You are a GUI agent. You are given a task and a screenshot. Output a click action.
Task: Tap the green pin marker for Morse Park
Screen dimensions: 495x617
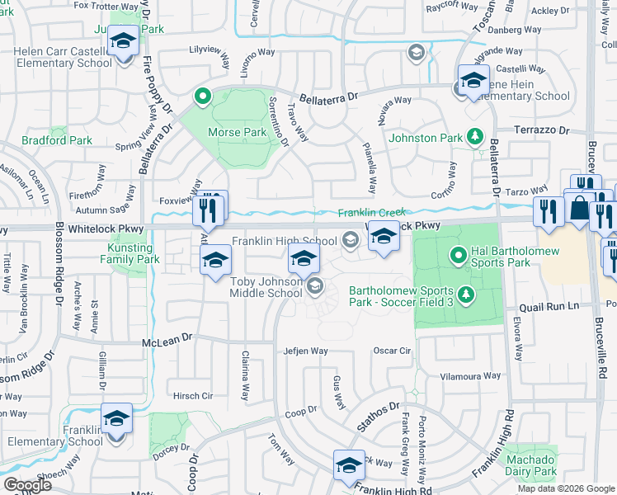coord(202,97)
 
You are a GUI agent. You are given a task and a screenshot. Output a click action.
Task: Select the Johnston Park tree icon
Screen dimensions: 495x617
coord(474,135)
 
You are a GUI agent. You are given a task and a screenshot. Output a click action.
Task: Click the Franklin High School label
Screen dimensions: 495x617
coord(284,241)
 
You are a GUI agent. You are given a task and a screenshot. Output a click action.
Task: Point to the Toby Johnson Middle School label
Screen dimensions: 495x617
coord(266,286)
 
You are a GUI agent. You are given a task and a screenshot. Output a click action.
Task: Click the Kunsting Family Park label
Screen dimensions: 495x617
coord(131,253)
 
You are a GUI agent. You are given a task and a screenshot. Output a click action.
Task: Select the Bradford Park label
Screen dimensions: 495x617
coord(58,140)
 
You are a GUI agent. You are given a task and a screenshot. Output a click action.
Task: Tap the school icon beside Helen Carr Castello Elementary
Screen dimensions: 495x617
coord(124,41)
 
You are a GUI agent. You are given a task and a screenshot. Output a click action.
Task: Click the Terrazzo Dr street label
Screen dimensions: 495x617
coord(542,130)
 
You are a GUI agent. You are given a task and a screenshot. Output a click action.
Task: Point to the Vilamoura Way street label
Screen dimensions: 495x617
coord(470,376)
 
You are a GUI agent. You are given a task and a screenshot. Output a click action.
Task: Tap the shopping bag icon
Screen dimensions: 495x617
coord(580,209)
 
